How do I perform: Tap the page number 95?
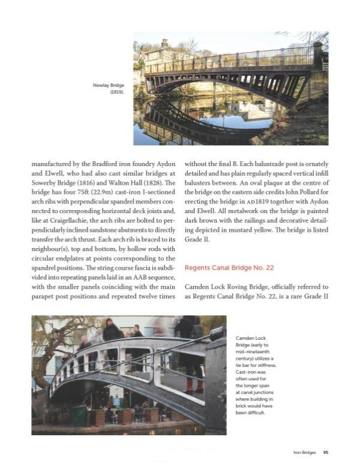click(x=326, y=451)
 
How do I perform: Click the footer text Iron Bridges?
click(x=306, y=451)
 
